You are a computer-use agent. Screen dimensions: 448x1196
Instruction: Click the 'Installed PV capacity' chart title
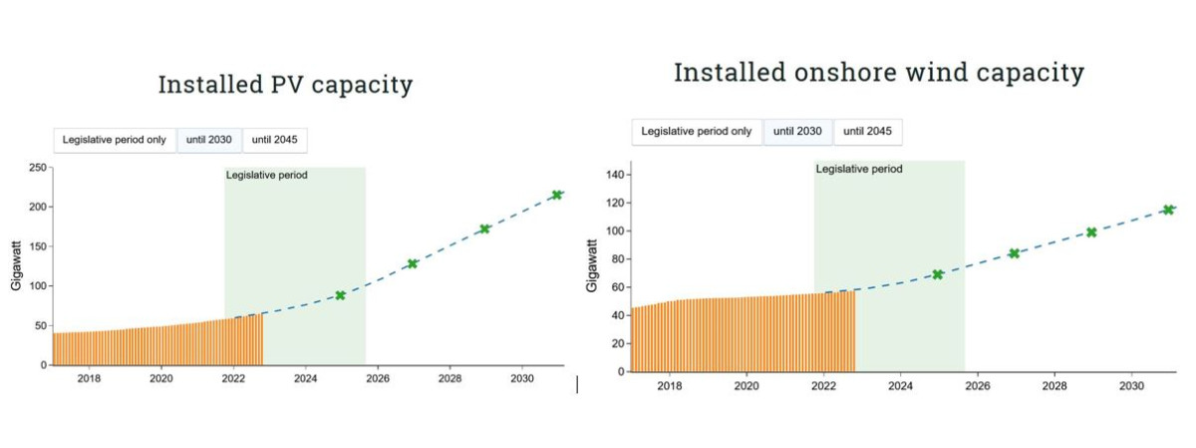tap(285, 85)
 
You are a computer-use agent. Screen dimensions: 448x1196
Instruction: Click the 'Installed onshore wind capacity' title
tap(878, 73)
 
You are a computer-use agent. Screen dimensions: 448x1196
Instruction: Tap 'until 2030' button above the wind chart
tap(797, 132)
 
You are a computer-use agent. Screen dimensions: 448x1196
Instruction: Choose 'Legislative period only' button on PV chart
tap(115, 140)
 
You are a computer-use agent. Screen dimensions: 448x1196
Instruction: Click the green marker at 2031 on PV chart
tap(557, 195)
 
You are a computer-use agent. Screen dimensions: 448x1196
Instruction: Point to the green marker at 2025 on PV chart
tap(340, 295)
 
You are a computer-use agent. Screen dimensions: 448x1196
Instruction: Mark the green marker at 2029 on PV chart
tap(484, 228)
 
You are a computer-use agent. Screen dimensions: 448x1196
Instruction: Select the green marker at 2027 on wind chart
tap(1014, 253)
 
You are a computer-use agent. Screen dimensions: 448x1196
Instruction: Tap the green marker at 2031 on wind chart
tap(1167, 210)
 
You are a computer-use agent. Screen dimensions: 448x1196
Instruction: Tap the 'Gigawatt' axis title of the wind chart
tap(593, 265)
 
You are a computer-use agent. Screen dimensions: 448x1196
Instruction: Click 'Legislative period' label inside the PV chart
tap(267, 176)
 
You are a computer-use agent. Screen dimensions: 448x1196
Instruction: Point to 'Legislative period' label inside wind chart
tap(859, 170)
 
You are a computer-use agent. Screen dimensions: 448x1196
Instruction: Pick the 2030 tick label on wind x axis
tap(1130, 385)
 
